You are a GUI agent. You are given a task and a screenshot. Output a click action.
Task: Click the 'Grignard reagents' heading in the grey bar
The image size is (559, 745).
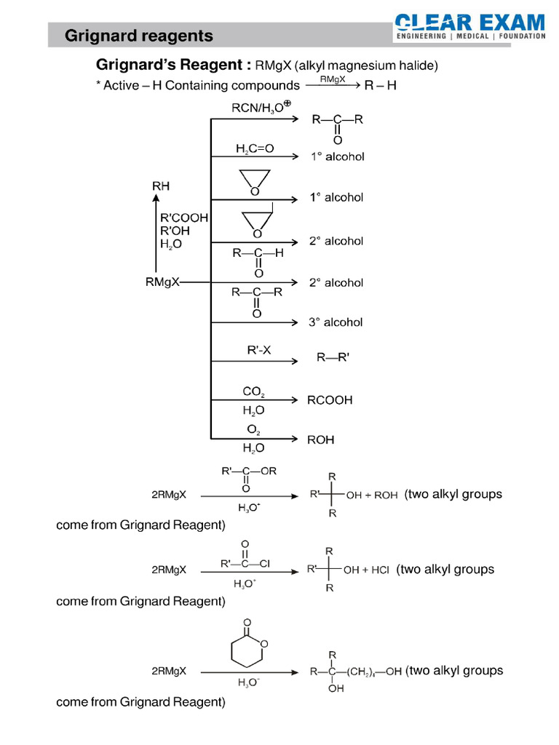pyautogui.click(x=138, y=36)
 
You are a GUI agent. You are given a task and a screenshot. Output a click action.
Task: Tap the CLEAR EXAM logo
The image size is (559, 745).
pyautogui.click(x=470, y=28)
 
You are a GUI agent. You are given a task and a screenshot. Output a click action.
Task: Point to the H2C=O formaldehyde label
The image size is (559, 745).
pyautogui.click(x=255, y=148)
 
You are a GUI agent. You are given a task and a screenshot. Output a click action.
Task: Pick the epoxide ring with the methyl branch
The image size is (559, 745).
pyautogui.click(x=255, y=222)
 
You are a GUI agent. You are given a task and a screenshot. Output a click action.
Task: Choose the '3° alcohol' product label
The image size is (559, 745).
pyautogui.click(x=336, y=322)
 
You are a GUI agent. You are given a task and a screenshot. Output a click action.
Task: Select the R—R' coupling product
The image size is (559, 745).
pyautogui.click(x=333, y=358)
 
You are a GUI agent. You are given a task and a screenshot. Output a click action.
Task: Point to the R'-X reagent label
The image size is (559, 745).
pyautogui.click(x=259, y=350)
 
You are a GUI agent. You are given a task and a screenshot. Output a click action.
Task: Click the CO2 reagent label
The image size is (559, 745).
pyautogui.click(x=253, y=392)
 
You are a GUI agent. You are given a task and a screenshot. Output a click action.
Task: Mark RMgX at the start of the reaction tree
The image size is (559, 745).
pyautogui.click(x=162, y=282)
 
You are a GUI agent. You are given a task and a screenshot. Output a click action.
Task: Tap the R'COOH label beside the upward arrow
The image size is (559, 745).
pyautogui.click(x=184, y=218)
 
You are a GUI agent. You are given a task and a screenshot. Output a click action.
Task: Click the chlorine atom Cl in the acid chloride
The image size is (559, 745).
pyautogui.click(x=265, y=563)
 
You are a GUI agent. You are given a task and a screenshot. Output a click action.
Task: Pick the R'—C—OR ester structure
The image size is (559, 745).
pyautogui.click(x=247, y=471)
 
